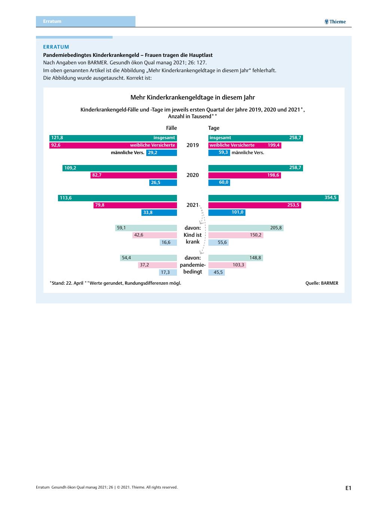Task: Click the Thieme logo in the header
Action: point(335,22)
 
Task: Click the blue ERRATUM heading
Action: point(56,47)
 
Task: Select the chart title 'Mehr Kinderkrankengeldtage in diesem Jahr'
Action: point(193,98)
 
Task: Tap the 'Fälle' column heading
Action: point(171,128)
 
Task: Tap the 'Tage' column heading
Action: point(214,128)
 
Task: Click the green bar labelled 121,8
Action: point(113,138)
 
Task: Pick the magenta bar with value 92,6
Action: point(113,145)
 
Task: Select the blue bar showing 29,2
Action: point(162,153)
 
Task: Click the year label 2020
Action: point(193,175)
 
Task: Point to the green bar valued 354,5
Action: point(273,198)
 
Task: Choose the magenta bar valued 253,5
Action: point(255,205)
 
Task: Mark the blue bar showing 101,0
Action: point(227,212)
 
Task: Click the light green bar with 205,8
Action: point(246,228)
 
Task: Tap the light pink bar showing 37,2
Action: point(158,265)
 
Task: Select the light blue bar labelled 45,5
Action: point(217,272)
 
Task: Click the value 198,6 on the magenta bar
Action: point(273,175)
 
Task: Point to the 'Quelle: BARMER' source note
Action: point(322,283)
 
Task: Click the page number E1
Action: point(348,488)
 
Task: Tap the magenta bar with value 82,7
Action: point(134,175)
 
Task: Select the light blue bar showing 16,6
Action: point(168,242)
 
